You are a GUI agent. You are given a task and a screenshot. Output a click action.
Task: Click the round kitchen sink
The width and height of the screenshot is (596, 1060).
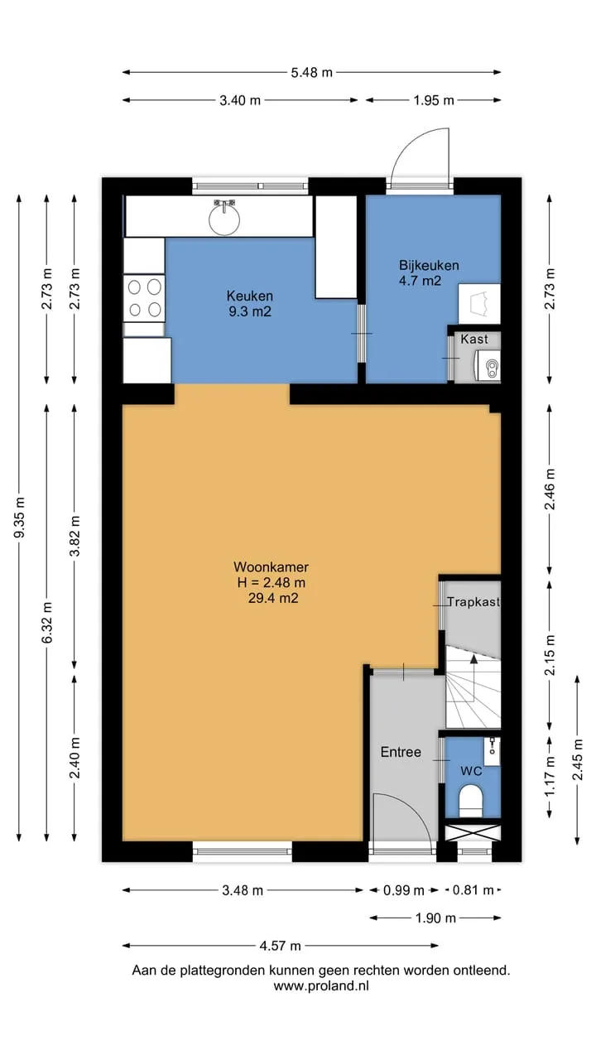click(x=224, y=219)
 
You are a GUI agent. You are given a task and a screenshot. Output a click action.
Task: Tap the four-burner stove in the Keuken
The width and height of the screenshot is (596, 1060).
click(x=144, y=298)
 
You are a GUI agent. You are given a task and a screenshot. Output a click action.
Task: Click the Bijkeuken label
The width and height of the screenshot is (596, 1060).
click(x=429, y=266)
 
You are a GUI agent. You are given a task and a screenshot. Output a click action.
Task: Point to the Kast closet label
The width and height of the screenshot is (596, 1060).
click(x=474, y=340)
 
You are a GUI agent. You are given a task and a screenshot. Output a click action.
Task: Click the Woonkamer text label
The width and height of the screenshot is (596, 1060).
click(x=271, y=567)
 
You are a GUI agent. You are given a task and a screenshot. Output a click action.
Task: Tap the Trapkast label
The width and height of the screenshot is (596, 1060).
click(x=473, y=602)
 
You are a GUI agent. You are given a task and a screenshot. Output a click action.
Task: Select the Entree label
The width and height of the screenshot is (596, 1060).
click(x=401, y=752)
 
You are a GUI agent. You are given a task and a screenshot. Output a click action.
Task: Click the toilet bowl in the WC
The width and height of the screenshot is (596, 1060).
click(x=471, y=801)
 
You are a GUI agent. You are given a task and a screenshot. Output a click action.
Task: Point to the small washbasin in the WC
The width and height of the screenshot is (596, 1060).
click(x=492, y=751)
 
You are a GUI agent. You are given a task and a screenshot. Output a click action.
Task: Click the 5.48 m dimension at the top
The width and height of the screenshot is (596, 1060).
click(x=311, y=72)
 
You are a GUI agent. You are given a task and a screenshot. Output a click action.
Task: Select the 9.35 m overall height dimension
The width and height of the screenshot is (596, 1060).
click(x=19, y=518)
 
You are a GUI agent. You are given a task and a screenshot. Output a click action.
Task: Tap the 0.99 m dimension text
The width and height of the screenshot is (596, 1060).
click(x=403, y=890)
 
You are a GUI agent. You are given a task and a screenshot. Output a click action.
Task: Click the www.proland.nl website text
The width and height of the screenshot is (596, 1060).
click(x=321, y=986)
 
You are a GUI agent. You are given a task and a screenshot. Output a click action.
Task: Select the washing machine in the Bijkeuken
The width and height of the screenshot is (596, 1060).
click(x=479, y=304)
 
